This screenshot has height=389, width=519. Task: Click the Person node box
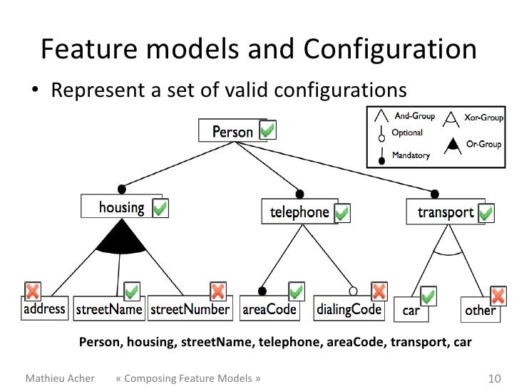[x=232, y=132]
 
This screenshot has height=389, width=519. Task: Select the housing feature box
[x=121, y=207]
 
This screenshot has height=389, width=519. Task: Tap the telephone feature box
[x=299, y=212]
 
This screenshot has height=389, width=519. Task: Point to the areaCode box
[x=268, y=310]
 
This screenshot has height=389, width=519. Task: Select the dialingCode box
[x=349, y=310]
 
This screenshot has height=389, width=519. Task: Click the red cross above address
[x=32, y=291]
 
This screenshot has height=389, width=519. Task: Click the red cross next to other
[x=498, y=295]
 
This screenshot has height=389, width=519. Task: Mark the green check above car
[x=428, y=296]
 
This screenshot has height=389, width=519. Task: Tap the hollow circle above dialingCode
[x=353, y=291]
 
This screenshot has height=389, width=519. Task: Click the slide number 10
[x=493, y=377]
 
